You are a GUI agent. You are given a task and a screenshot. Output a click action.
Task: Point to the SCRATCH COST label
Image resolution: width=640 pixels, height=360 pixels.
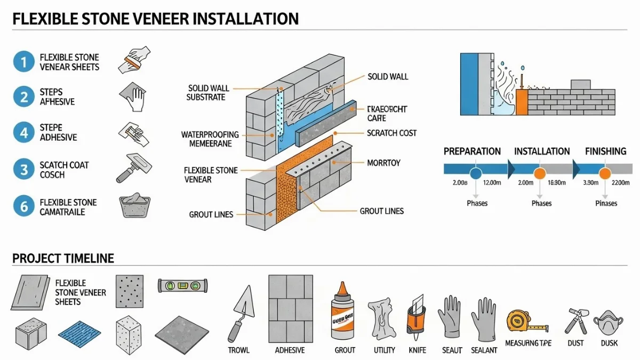pos(392,133)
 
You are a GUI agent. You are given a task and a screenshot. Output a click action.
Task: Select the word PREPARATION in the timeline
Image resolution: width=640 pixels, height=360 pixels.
pos(472,151)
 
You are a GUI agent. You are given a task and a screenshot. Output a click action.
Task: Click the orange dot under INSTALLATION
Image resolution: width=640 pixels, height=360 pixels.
pos(540,173)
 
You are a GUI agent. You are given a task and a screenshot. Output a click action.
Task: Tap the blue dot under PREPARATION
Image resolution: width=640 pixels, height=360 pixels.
pos(476,173)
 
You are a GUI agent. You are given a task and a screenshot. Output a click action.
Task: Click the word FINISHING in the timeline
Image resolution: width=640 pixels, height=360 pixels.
pos(605,151)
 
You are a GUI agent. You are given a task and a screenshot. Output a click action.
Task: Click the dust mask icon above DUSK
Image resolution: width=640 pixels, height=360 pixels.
pos(609,322)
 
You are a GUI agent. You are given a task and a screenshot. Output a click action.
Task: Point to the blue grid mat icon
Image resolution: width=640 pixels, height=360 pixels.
pos(79,334)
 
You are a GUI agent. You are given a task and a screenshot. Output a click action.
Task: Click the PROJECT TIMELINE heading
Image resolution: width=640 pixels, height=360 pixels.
pos(63,259)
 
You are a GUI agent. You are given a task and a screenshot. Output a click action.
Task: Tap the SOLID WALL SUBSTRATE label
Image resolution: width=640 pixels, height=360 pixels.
pos(206,93)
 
